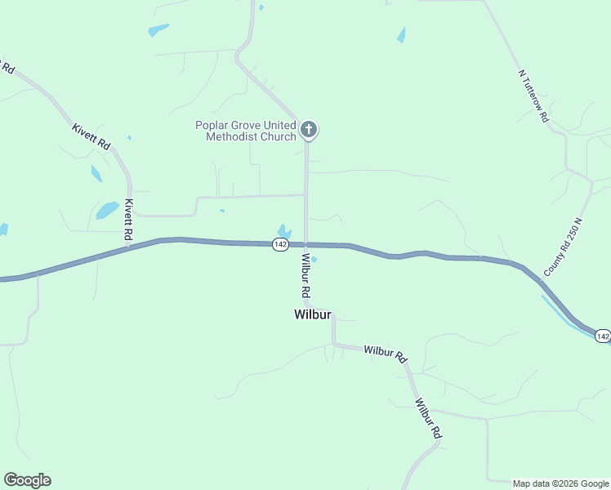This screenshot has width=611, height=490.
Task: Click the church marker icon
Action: click(309, 129)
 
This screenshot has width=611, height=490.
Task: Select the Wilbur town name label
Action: click(311, 314)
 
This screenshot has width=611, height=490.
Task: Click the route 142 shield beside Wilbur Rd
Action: click(281, 244)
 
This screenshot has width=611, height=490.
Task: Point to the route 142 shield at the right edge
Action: click(602, 336)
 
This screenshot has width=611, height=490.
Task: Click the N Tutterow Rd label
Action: click(533, 96)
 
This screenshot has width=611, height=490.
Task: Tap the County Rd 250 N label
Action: click(561, 246)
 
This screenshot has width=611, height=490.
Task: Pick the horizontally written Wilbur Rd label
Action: click(385, 353)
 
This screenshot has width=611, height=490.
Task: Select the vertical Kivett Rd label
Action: click(128, 219)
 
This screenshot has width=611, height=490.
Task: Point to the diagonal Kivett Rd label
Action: click(91, 136)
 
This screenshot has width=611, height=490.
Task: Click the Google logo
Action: click(27, 480)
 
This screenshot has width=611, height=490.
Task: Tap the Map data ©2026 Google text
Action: click(560, 483)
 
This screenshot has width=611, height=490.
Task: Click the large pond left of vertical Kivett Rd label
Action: click(107, 210)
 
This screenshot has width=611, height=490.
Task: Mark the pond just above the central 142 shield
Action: click(284, 230)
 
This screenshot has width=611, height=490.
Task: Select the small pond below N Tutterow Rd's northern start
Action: click(401, 35)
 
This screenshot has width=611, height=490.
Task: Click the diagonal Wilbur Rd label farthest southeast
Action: click(427, 420)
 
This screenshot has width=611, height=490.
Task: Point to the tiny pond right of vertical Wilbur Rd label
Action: click(314, 260)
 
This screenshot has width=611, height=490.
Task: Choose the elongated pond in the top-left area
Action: click(158, 30)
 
